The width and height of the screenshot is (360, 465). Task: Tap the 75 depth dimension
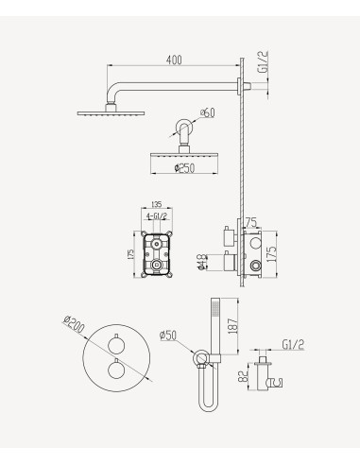click(249, 223)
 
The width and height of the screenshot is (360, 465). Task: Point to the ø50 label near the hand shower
click(169, 333)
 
